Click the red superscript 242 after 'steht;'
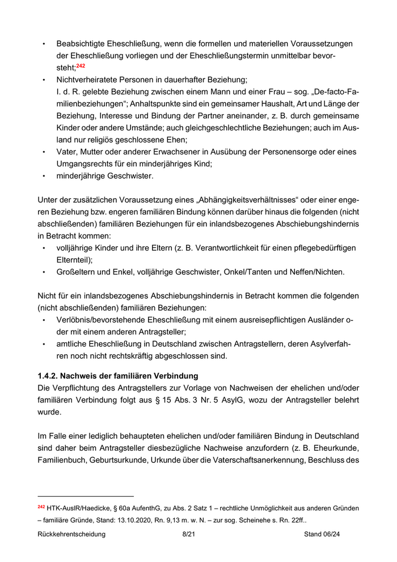coord(81,66)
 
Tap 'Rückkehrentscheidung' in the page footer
coord(71,534)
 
